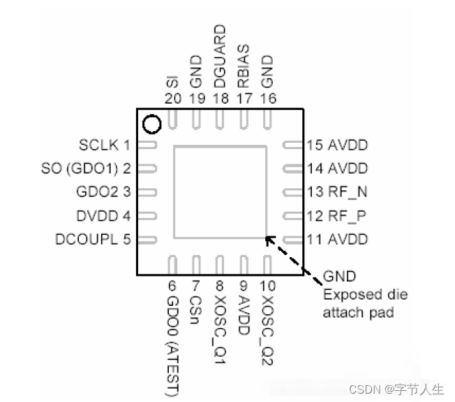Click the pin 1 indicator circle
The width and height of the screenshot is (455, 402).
[151, 125]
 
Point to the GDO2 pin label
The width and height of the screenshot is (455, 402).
[96, 192]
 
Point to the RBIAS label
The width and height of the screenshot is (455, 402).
[243, 65]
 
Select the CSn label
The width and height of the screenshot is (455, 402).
[197, 309]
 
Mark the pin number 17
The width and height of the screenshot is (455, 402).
[244, 98]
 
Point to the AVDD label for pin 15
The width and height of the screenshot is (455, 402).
[348, 146]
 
